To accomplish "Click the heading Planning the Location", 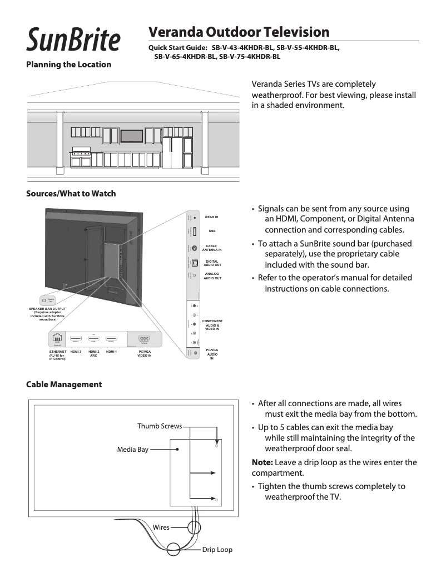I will click(69, 65).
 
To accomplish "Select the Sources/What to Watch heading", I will click(71, 194).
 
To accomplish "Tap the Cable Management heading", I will click(64, 384).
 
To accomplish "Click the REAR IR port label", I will click(211, 216).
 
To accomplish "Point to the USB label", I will click(212, 231).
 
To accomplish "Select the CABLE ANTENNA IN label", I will click(212, 248).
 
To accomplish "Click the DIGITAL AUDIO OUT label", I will click(212, 263).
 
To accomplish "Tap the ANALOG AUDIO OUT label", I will click(212, 276).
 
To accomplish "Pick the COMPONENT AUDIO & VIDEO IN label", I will click(212, 325).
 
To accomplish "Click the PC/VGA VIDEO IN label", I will click(145, 353).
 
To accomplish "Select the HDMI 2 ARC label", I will click(93, 353).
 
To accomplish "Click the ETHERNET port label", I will click(58, 356).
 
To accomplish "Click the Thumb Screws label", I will click(160, 426).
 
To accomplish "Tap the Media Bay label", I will click(132, 449).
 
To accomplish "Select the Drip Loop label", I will click(217, 550).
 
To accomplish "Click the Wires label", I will click(161, 526).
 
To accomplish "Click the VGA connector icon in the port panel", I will click(144, 338).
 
